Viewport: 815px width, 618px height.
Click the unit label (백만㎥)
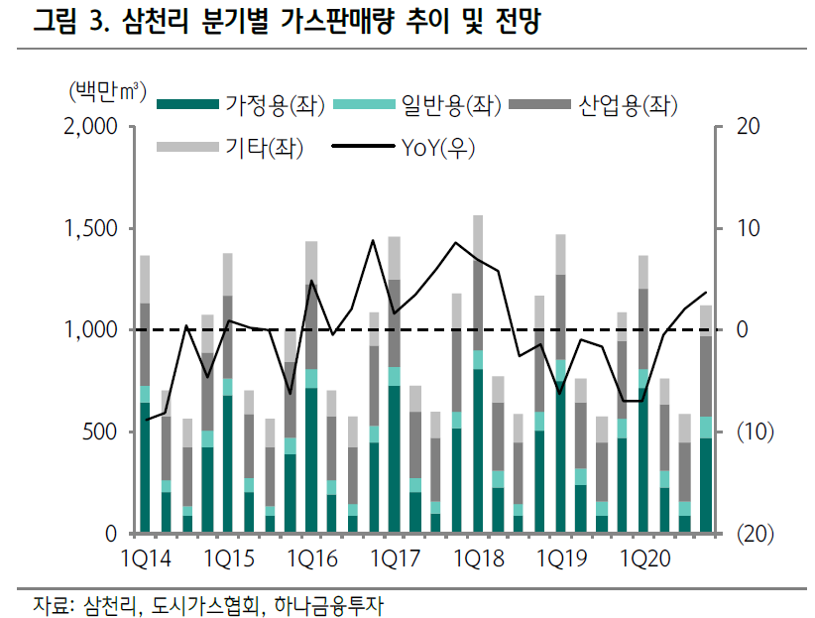click(x=107, y=94)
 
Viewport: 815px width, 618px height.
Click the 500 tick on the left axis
click(x=103, y=432)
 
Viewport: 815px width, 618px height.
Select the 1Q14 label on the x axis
click(x=146, y=560)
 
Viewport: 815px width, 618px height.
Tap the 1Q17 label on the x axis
click(x=394, y=560)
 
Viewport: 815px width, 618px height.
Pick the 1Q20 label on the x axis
click(x=642, y=560)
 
